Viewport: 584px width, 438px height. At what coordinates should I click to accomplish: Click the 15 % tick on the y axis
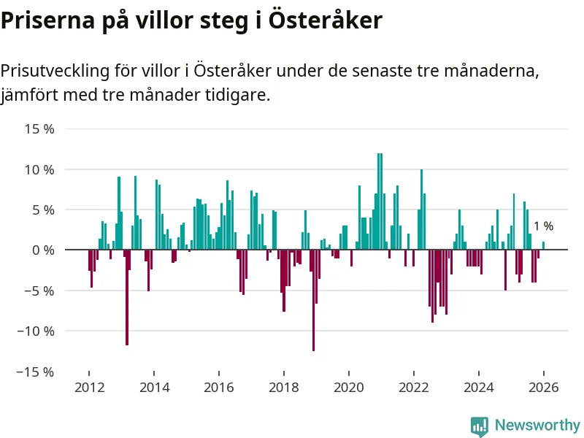(40, 129)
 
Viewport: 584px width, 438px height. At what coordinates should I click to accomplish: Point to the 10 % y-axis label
(40, 169)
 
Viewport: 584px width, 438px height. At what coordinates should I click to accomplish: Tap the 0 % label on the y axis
(45, 250)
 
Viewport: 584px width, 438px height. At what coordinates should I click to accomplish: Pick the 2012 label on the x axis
(89, 388)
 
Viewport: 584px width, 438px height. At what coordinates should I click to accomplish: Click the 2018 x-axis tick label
(284, 388)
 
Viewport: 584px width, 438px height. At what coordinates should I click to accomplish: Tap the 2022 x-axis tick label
(413, 388)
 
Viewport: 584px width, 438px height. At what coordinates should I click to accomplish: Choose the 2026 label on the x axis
(543, 388)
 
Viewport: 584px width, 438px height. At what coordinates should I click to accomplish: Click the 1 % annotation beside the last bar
(543, 226)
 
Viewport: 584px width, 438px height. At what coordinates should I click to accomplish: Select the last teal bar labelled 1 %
(543, 246)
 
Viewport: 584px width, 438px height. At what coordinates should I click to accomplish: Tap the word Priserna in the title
(45, 20)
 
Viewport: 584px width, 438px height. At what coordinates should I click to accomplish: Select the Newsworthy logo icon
(480, 426)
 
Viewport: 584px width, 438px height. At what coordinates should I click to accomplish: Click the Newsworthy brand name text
(537, 425)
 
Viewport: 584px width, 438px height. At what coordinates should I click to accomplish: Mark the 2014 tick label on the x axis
(154, 388)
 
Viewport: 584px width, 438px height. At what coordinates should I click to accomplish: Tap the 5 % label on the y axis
(45, 210)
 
